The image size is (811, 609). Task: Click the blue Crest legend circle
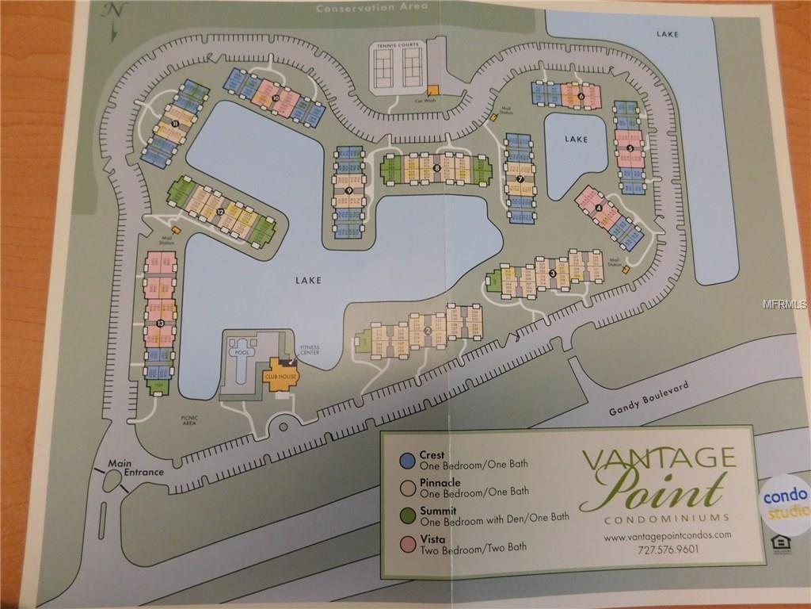click(407, 460)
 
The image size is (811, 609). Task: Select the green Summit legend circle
click(407, 515)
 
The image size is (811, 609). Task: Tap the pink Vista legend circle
click(407, 544)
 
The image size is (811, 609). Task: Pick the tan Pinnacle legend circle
click(407, 488)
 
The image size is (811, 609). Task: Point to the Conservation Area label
click(365, 8)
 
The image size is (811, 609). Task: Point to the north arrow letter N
click(117, 11)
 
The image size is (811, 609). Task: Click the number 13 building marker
click(160, 324)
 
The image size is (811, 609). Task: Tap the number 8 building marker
click(436, 167)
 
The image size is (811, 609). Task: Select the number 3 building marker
click(551, 274)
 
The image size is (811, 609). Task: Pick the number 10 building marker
click(275, 98)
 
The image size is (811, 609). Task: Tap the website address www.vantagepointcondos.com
click(667, 535)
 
